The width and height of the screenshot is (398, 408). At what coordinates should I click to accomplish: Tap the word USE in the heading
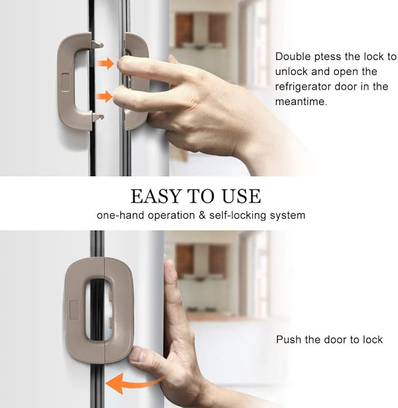pyautogui.click(x=241, y=196)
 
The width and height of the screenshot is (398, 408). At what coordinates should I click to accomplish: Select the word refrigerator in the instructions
pyautogui.click(x=302, y=87)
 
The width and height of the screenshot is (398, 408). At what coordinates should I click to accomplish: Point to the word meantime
pyautogui.click(x=301, y=101)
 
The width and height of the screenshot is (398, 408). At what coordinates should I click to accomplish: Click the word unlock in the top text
pyautogui.click(x=291, y=71)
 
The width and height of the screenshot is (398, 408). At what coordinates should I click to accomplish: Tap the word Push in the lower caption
pyautogui.click(x=288, y=339)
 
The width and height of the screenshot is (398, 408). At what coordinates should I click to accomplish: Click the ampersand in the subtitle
pyautogui.click(x=202, y=215)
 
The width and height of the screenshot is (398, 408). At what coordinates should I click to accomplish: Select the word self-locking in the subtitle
pyautogui.click(x=238, y=215)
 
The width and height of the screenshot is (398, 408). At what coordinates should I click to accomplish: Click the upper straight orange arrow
pyautogui.click(x=106, y=63)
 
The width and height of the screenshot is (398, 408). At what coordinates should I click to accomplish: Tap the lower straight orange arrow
pyautogui.click(x=104, y=96)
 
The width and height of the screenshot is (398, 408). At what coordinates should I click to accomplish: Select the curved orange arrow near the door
pyautogui.click(x=135, y=383)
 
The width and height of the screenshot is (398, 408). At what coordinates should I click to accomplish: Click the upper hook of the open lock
pyautogui.click(x=98, y=45)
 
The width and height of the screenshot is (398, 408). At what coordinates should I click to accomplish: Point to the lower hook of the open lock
pyautogui.click(x=98, y=117)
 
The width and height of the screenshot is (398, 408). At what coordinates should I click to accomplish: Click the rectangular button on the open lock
pyautogui.click(x=65, y=82)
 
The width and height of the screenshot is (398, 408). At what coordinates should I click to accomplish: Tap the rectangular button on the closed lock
pyautogui.click(x=74, y=310)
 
